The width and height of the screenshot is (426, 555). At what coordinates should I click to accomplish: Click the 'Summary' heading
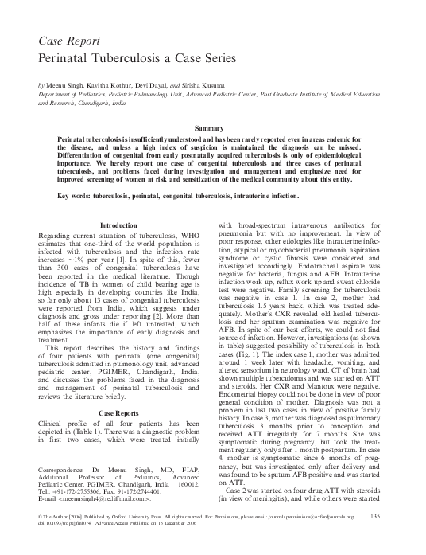[x=213, y=128]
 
